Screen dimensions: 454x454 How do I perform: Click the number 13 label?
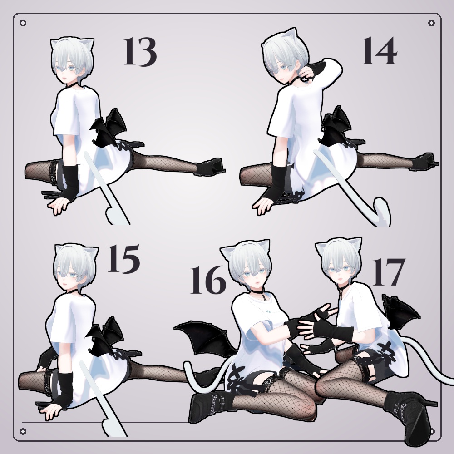pos(140,52)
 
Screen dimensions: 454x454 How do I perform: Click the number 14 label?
pos(379,51)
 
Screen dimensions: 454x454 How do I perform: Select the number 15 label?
pos(123,259)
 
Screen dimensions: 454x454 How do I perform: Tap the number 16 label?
pos(208,280)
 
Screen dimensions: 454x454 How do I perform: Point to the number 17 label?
pos(387,271)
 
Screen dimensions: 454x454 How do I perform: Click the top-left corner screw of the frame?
pos(23,23)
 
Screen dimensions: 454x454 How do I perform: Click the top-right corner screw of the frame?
pos(431,23)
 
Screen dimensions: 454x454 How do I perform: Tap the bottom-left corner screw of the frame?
pos(23,431)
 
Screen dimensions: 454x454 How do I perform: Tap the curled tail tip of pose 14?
pos(382,211)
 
